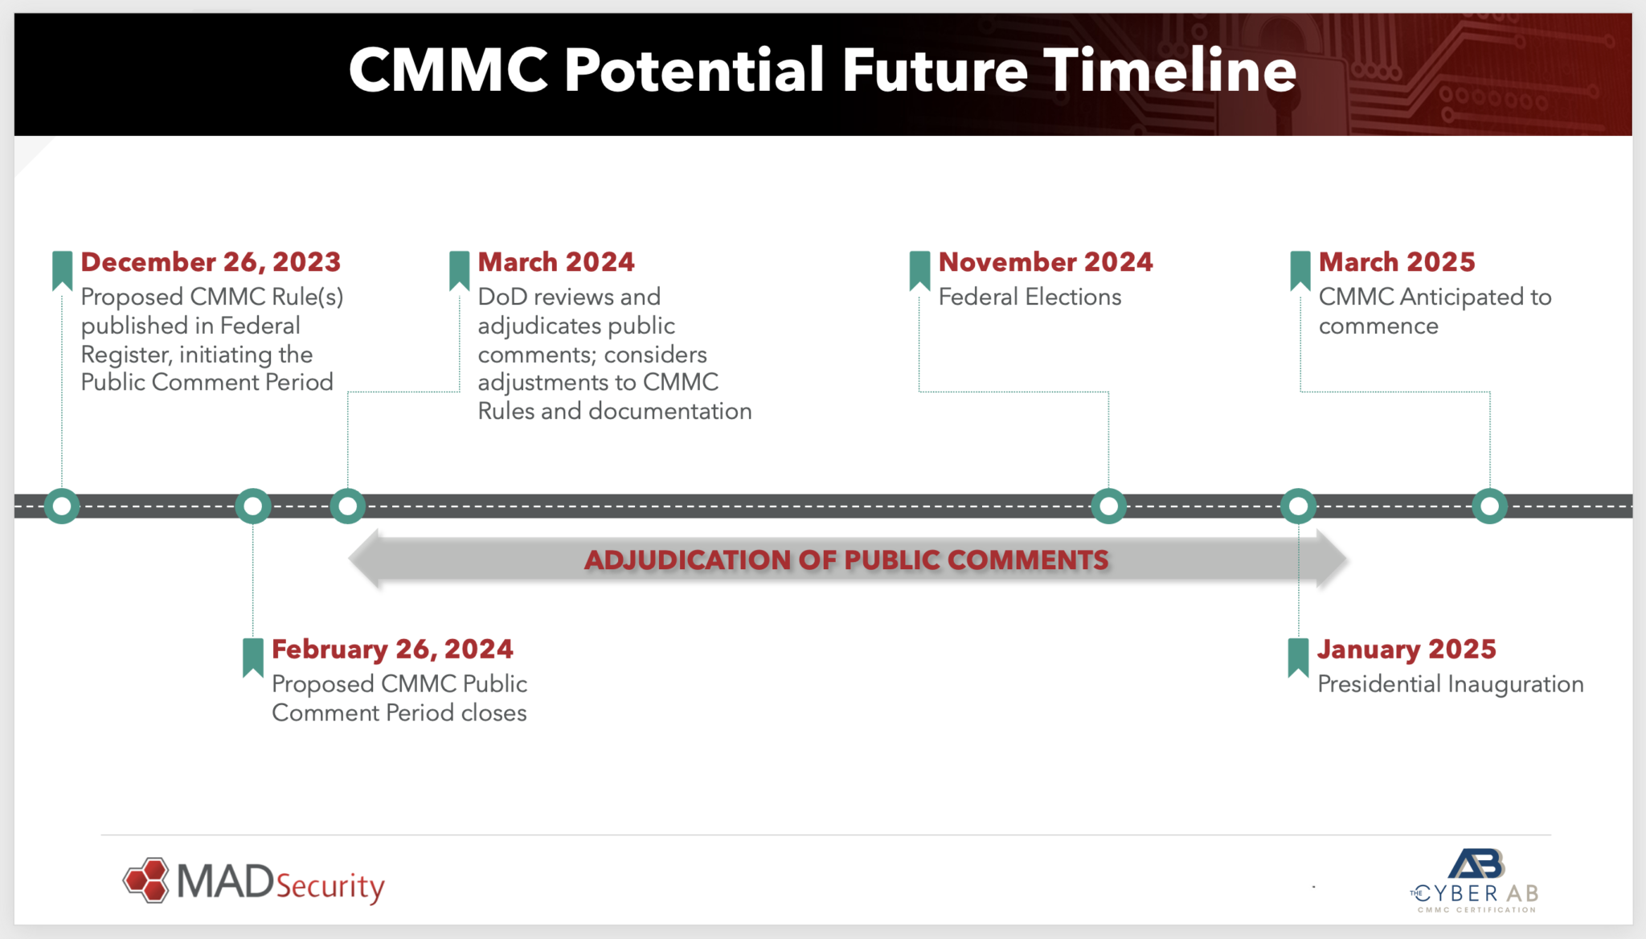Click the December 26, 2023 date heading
point(211,262)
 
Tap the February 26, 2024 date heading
point(392,649)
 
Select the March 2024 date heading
point(556,262)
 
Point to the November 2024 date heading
point(1046,262)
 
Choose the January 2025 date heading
point(1406,649)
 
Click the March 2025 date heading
point(1397,262)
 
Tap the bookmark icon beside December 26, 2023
point(62,270)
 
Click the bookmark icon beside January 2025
point(1298,657)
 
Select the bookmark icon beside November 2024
point(919,270)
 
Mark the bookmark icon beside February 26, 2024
point(253,657)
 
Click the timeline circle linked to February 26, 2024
point(253,506)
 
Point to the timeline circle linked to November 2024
point(1108,506)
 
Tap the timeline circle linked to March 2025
point(1489,506)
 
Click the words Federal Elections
point(1030,297)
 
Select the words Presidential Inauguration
point(1451,684)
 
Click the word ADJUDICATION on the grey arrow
point(687,560)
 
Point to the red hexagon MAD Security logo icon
point(146,880)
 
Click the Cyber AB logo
point(1476,880)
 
